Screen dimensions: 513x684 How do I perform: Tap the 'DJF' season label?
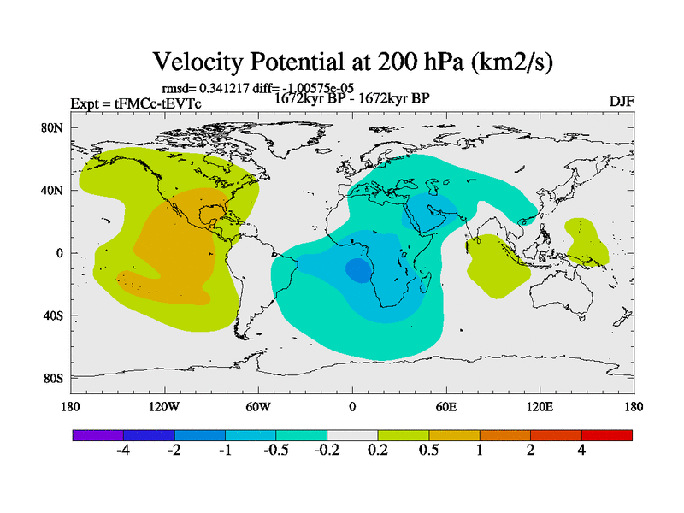click(x=622, y=101)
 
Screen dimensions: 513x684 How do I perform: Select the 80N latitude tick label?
click(x=53, y=127)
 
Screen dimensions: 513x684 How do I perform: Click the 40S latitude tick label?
click(x=53, y=315)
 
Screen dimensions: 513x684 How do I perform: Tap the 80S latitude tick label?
click(x=53, y=378)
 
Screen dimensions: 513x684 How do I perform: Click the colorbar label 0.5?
click(x=428, y=451)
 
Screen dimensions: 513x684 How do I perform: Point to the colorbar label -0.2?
click(x=327, y=451)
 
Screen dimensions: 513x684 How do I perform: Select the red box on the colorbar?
click(x=606, y=435)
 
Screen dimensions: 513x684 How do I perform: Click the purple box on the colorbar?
click(x=97, y=435)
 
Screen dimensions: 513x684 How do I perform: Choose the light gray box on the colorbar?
click(x=352, y=435)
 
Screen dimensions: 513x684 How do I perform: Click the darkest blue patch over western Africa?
click(x=357, y=270)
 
